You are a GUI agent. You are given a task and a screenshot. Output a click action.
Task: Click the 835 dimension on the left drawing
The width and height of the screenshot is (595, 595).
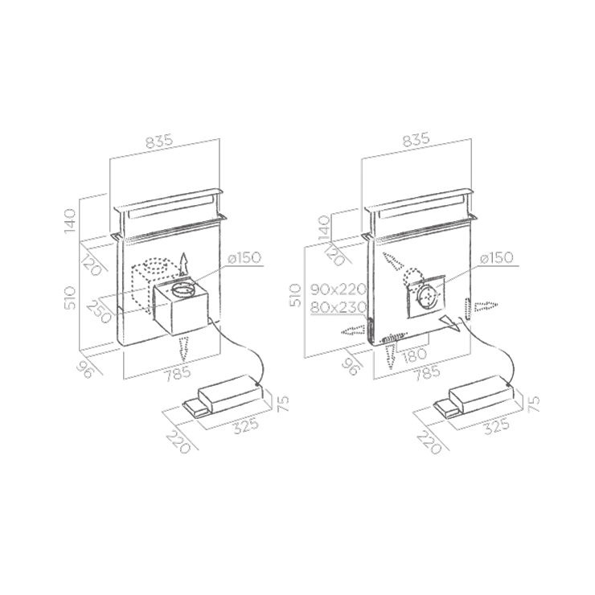(159, 141)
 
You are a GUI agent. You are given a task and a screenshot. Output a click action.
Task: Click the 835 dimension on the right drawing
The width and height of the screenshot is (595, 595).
(416, 139)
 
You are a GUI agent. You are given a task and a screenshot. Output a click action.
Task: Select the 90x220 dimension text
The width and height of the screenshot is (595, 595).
(339, 289)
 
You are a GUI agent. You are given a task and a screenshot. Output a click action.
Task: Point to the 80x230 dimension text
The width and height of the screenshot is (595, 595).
(339, 307)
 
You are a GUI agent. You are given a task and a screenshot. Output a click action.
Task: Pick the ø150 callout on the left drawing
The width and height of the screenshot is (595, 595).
(244, 257)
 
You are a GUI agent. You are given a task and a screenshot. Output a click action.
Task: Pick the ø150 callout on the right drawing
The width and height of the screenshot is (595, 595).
(496, 258)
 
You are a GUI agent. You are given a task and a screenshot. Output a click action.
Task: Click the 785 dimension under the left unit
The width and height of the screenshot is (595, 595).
(177, 372)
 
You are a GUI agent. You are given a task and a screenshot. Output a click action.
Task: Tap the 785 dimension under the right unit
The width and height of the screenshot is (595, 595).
(426, 372)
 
